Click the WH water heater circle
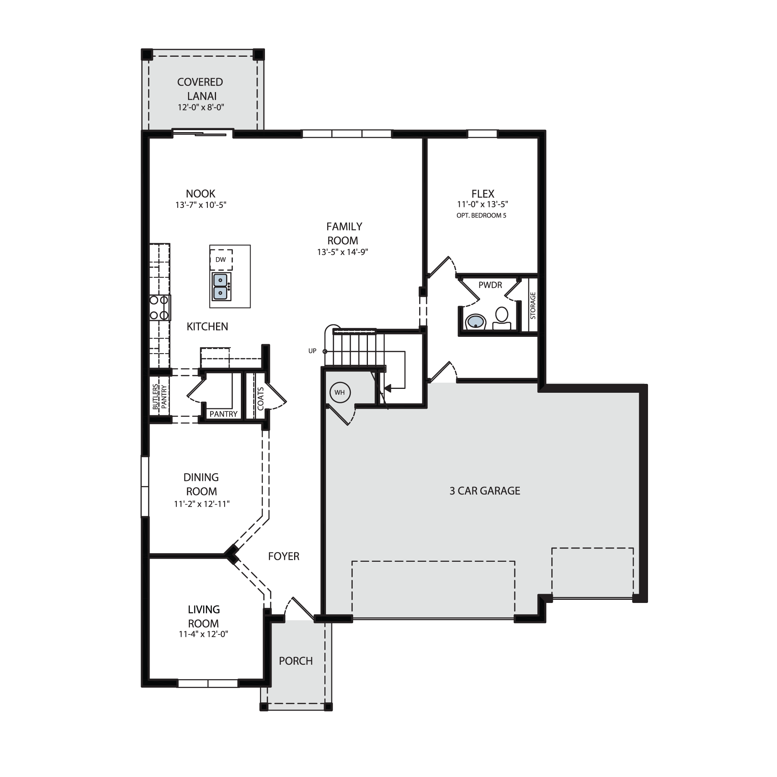pyautogui.click(x=340, y=392)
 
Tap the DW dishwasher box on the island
pyautogui.click(x=221, y=259)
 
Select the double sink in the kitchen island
pyautogui.click(x=221, y=287)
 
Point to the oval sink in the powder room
pyautogui.click(x=476, y=322)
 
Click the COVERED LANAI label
pyautogui.click(x=200, y=89)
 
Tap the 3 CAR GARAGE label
pyautogui.click(x=484, y=491)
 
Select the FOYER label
pyautogui.click(x=284, y=556)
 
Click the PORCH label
pyautogui.click(x=296, y=661)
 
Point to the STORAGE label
pyautogui.click(x=533, y=305)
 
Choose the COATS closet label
pyautogui.click(x=260, y=399)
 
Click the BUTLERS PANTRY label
pyautogui.click(x=160, y=397)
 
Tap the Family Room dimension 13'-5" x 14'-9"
pyautogui.click(x=342, y=252)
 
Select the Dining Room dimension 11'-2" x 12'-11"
pyautogui.click(x=202, y=503)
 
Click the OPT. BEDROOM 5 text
pyautogui.click(x=481, y=216)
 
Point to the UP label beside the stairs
pyautogui.click(x=312, y=351)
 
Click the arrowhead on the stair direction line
pyautogui.click(x=387, y=388)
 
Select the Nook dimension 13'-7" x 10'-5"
pyautogui.click(x=201, y=205)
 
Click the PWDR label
pyautogui.click(x=490, y=285)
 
